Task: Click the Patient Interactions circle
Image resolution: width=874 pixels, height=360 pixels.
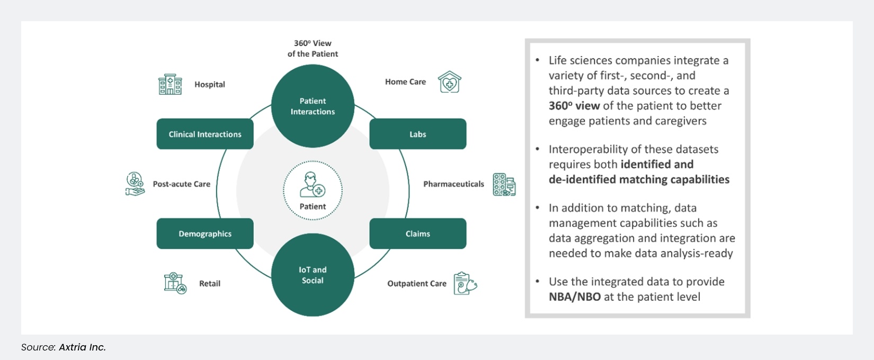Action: click(313, 106)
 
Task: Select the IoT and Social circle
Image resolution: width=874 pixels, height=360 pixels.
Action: click(313, 275)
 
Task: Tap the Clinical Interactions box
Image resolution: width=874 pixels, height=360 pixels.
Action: click(205, 134)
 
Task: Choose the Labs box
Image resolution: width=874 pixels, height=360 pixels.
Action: click(417, 134)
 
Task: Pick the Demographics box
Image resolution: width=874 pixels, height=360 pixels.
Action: click(205, 233)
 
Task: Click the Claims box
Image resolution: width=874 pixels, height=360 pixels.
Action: click(417, 233)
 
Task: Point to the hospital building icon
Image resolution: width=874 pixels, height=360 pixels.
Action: click(170, 85)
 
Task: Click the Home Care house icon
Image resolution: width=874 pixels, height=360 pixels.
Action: click(450, 82)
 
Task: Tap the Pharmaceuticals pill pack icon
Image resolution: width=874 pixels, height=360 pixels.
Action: click(504, 184)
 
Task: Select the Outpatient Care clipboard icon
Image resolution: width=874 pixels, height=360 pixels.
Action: click(465, 283)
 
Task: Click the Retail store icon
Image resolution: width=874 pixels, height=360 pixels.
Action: click(175, 283)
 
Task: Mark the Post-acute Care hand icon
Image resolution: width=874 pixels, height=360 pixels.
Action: click(135, 184)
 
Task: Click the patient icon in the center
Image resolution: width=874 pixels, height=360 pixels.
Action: click(313, 184)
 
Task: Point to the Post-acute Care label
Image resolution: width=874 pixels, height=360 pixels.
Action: click(182, 184)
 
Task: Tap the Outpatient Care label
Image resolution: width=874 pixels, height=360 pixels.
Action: click(417, 284)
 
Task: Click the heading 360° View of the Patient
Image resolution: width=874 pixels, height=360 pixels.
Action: click(313, 48)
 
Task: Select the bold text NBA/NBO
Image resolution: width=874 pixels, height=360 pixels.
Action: click(575, 296)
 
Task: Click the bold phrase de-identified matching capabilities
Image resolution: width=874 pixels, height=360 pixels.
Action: click(639, 179)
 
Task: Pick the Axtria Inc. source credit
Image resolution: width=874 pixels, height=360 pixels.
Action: click(82, 347)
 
